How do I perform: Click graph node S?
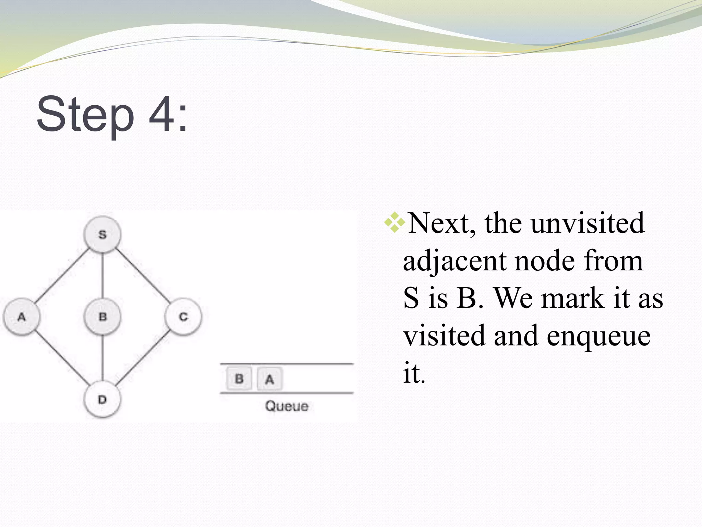click(x=102, y=234)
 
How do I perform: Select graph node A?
click(x=22, y=316)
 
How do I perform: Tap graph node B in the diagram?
click(x=102, y=316)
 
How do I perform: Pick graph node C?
click(x=183, y=316)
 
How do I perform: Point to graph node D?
click(x=102, y=399)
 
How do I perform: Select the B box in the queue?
click(x=239, y=378)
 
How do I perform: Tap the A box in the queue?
click(x=270, y=379)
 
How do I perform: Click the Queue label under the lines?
click(x=287, y=406)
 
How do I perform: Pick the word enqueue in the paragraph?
click(x=598, y=335)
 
